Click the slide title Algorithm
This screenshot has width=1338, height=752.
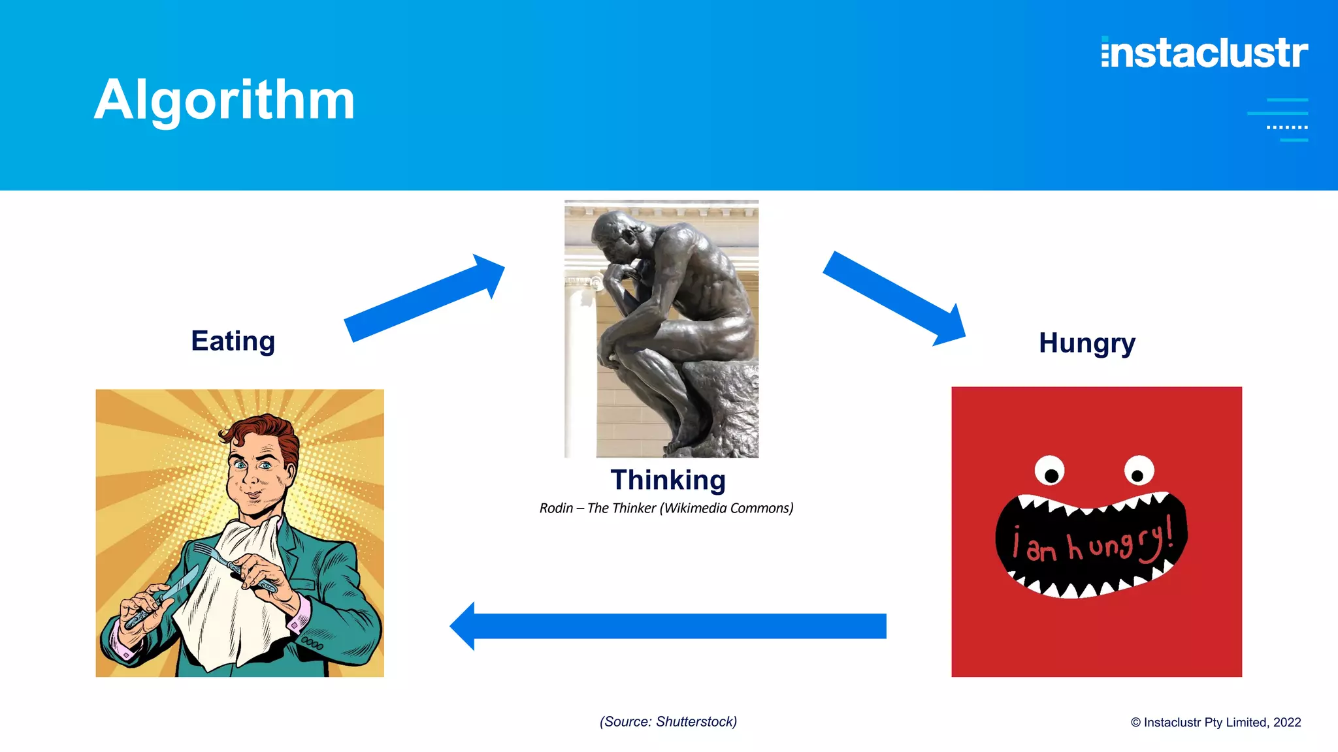(x=224, y=100)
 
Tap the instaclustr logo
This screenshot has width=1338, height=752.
(x=1204, y=52)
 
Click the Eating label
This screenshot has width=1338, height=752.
(x=233, y=341)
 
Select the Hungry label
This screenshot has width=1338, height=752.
(x=1086, y=343)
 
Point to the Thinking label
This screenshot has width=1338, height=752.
(x=668, y=480)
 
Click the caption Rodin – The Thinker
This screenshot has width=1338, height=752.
(x=666, y=508)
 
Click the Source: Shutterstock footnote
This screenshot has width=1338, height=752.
(x=668, y=721)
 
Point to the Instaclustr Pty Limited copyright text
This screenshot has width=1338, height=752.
(x=1215, y=722)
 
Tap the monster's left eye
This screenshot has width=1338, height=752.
(x=1049, y=471)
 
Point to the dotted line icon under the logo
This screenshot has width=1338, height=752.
(x=1286, y=127)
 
